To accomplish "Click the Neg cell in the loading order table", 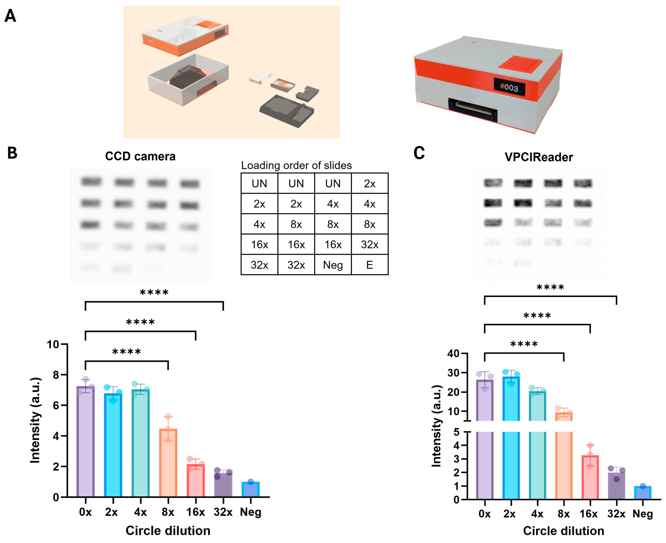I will click(x=333, y=265).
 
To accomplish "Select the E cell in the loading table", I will click(x=370, y=265).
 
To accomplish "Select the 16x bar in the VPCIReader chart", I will click(x=590, y=477).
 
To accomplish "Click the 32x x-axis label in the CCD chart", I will click(x=223, y=512).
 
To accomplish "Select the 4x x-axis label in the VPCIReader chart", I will click(x=537, y=513).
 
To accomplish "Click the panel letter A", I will click(x=10, y=16).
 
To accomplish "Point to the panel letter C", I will click(x=419, y=153).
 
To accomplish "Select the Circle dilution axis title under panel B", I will click(x=168, y=531).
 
